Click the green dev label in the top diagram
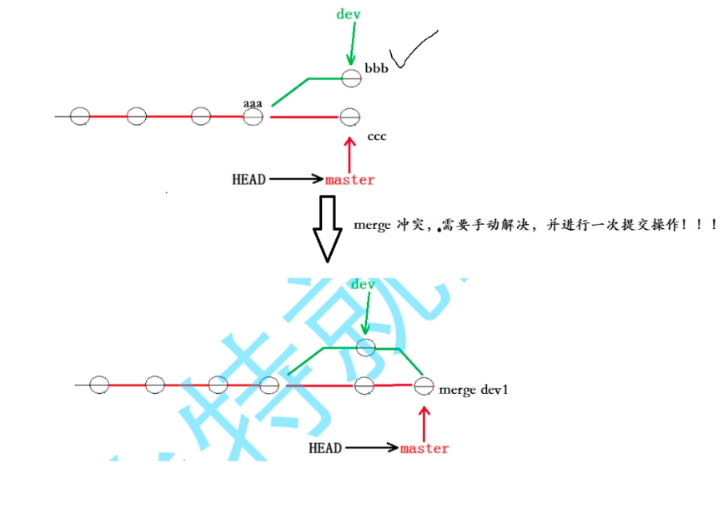point(349,14)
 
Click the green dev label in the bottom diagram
point(363,285)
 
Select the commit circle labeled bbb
point(350,77)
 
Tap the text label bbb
point(376,67)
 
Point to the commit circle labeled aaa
point(253,117)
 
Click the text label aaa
point(253,103)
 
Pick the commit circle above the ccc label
point(350,117)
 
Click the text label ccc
point(376,135)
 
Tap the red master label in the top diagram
point(350,179)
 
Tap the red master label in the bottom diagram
point(424,448)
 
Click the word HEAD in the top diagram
point(249,179)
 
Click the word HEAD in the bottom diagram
point(325,448)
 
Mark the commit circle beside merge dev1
point(424,386)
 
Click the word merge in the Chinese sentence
point(373,225)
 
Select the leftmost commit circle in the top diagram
point(79,117)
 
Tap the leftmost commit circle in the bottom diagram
point(99,385)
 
